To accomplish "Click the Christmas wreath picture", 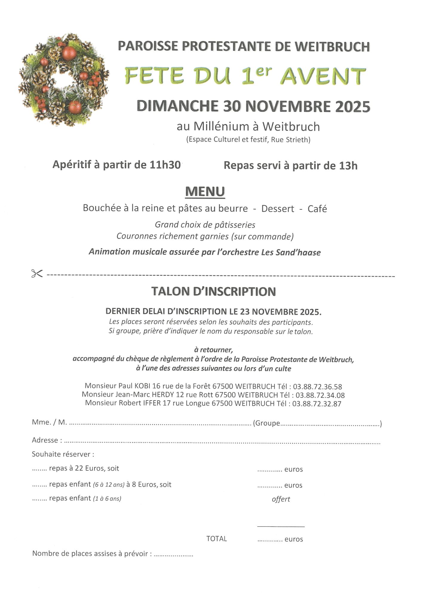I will pyautogui.click(x=63, y=80).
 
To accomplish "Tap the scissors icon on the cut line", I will pyautogui.click(x=37, y=273).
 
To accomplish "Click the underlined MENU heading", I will pyautogui.click(x=205, y=192).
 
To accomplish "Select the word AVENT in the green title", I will pyautogui.click(x=323, y=76).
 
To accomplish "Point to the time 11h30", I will pyautogui.click(x=165, y=165).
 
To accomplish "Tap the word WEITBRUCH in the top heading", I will pyautogui.click(x=332, y=47).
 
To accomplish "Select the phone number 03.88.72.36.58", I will pyautogui.click(x=317, y=387).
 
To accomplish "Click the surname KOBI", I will pyautogui.click(x=143, y=386).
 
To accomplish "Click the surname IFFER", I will pyautogui.click(x=152, y=403).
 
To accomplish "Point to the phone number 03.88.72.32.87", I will pyautogui.click(x=317, y=404).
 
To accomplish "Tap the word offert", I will pyautogui.click(x=281, y=499).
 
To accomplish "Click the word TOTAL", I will pyautogui.click(x=216, y=538).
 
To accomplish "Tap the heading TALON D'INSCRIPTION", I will pyautogui.click(x=213, y=291).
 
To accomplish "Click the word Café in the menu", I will pyautogui.click(x=317, y=209).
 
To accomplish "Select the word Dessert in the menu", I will pyautogui.click(x=278, y=209).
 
